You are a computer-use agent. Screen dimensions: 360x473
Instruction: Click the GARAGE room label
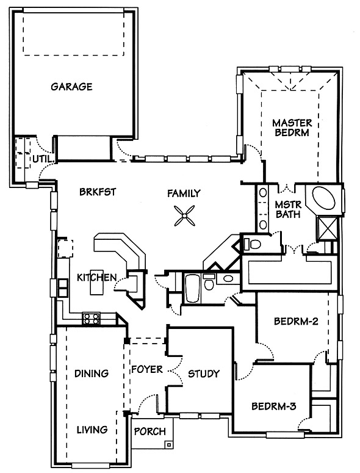click(71, 87)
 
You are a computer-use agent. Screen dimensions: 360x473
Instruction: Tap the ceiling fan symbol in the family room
click(184, 215)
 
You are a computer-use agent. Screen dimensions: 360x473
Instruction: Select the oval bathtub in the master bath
click(323, 199)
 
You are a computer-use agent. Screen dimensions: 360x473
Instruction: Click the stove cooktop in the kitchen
click(91, 318)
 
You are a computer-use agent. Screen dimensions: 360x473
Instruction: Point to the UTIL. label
click(43, 159)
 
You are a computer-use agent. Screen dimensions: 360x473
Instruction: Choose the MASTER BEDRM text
click(292, 128)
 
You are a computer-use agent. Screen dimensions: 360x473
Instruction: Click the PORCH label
click(150, 431)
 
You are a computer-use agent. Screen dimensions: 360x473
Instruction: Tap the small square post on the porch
click(169, 444)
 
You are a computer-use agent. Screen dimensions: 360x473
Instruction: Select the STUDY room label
click(204, 374)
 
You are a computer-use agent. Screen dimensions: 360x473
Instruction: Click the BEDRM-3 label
click(274, 406)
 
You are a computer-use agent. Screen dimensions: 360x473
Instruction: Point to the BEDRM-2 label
click(296, 321)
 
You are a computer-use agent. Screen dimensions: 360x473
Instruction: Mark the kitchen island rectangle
click(96, 283)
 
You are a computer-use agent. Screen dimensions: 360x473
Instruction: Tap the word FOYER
click(147, 369)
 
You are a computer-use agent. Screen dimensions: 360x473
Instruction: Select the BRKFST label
click(98, 192)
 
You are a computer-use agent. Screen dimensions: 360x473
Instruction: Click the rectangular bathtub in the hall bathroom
click(192, 288)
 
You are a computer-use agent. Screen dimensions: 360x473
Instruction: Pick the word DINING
click(92, 374)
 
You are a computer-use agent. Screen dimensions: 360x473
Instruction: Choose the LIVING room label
click(92, 430)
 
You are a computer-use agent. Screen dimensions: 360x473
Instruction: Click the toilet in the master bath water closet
click(252, 244)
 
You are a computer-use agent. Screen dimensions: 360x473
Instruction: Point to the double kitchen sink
click(63, 289)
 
